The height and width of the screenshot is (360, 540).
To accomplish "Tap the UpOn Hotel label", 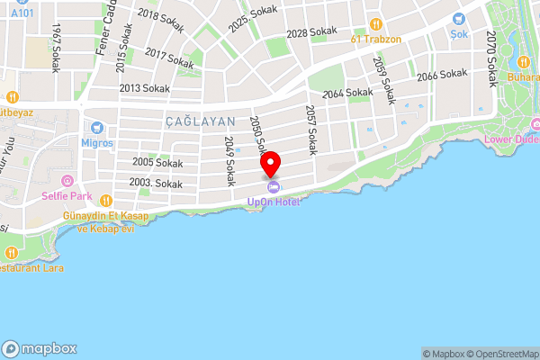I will pyautogui.click(x=274, y=202).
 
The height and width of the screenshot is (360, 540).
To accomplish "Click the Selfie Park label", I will pyautogui.click(x=71, y=195).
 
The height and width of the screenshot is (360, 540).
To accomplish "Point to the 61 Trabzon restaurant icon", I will pyautogui.click(x=377, y=23).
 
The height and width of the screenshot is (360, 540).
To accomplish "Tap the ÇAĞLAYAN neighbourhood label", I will pyautogui.click(x=200, y=121).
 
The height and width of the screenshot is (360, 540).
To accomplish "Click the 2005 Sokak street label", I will pyautogui.click(x=157, y=163).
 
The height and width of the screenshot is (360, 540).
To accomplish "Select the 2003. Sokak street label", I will pyautogui.click(x=155, y=183).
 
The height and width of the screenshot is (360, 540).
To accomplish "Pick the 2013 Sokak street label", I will pyautogui.click(x=144, y=88).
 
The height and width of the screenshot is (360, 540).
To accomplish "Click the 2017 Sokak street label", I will pyautogui.click(x=168, y=59).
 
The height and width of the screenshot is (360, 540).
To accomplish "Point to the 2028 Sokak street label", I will pyautogui.click(x=310, y=33).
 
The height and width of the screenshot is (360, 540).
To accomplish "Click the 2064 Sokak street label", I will pyautogui.click(x=346, y=93).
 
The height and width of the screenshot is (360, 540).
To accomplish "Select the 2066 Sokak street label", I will pyautogui.click(x=439, y=76).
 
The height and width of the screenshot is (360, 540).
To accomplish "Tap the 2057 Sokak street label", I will pyautogui.click(x=310, y=128).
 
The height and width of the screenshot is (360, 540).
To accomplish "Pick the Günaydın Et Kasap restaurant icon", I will pyautogui.click(x=105, y=201).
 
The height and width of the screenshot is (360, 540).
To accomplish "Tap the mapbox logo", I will pyautogui.click(x=40, y=348).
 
